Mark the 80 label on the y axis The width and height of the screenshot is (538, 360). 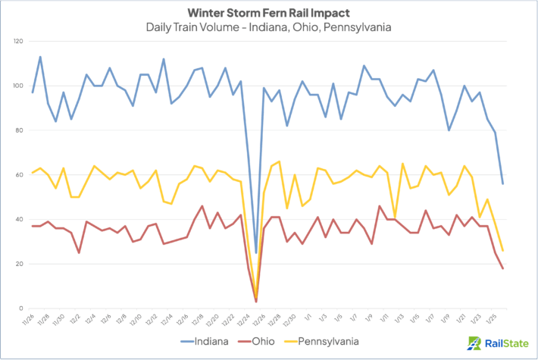pos(19,130)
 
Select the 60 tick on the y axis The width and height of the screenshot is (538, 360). pos(19,174)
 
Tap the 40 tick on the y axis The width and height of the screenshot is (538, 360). pos(19,219)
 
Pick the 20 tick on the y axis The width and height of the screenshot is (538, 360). pos(19,264)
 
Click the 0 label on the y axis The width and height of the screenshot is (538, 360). pos(21,308)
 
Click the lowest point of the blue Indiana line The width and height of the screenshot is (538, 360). pos(255,252)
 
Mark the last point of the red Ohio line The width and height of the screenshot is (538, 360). pos(502,268)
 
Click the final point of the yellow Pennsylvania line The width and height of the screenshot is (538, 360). pos(502,250)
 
